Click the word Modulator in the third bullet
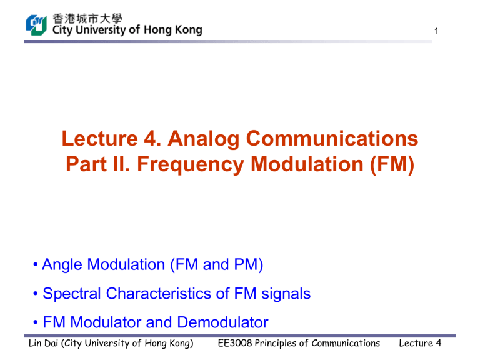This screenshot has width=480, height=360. (x=106, y=322)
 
